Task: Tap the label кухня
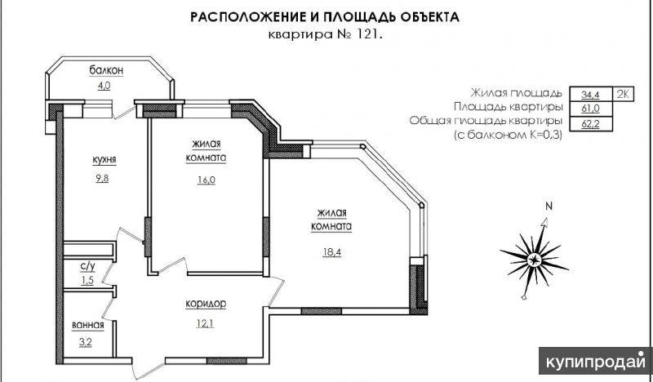pyautogui.click(x=104, y=159)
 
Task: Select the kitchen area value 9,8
pyautogui.click(x=103, y=178)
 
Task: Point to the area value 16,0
pyautogui.click(x=207, y=180)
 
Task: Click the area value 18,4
pyautogui.click(x=332, y=252)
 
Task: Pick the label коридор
pyautogui.click(x=206, y=304)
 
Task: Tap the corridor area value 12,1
pyautogui.click(x=206, y=323)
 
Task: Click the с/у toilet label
pyautogui.click(x=87, y=266)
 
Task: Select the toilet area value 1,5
pyautogui.click(x=87, y=280)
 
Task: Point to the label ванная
pyautogui.click(x=88, y=326)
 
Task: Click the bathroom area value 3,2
pyautogui.click(x=86, y=343)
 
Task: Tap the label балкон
pyautogui.click(x=107, y=70)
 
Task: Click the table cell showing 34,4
pyautogui.click(x=590, y=95)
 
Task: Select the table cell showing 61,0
pyautogui.click(x=590, y=109)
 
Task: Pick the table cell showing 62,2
pyautogui.click(x=590, y=124)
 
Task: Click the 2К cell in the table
pyautogui.click(x=623, y=94)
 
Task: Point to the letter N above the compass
pyautogui.click(x=549, y=207)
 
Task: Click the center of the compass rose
pyautogui.click(x=534, y=260)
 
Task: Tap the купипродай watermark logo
pyautogui.click(x=596, y=362)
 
